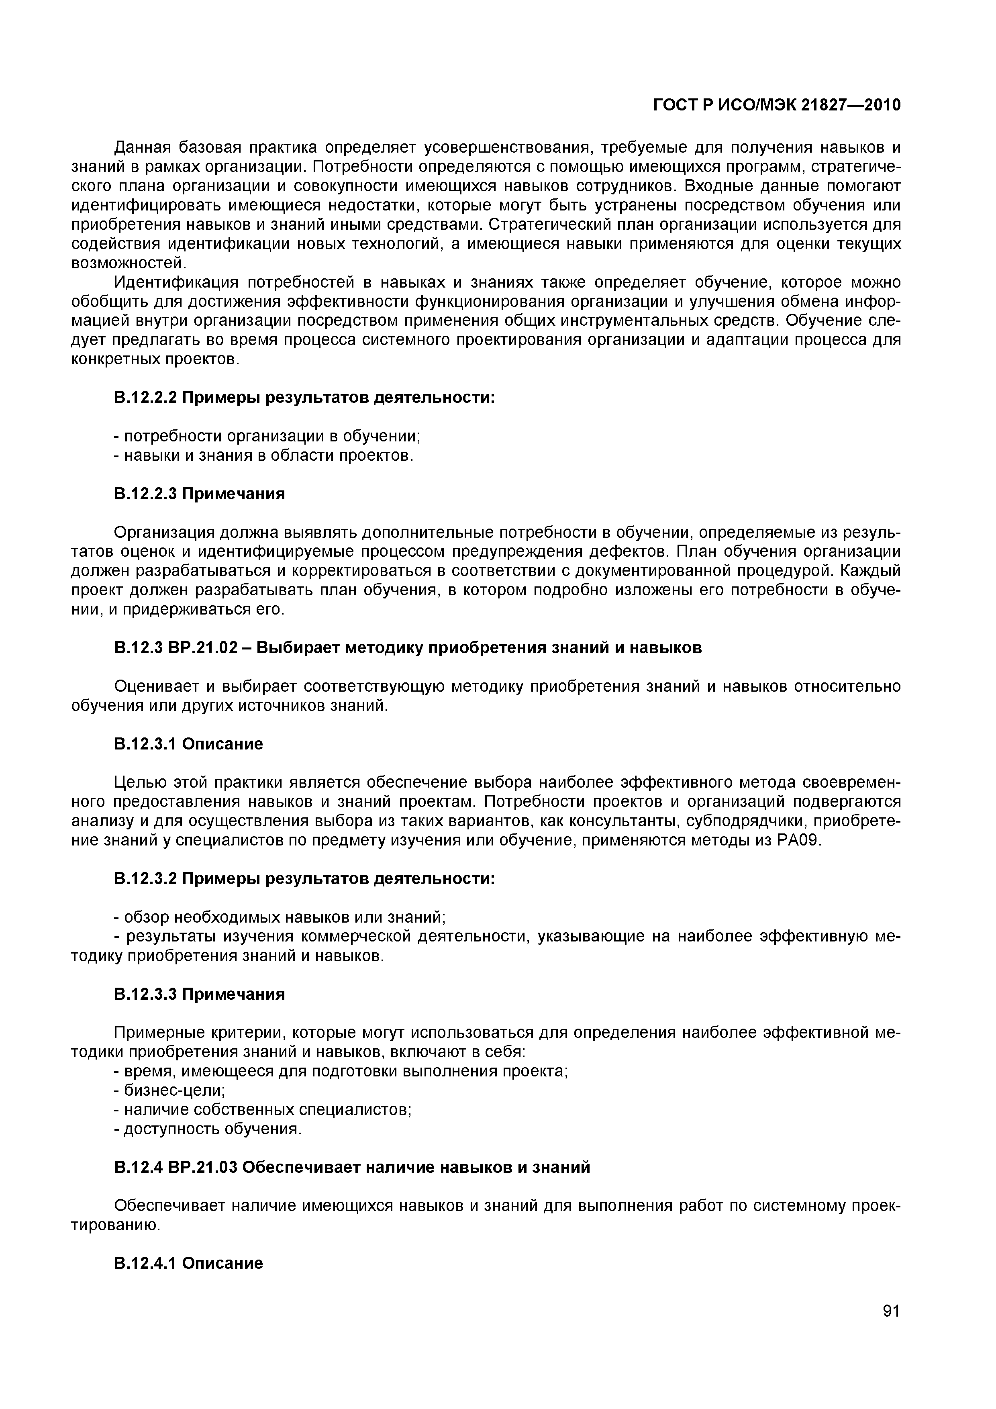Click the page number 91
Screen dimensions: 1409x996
point(890,1328)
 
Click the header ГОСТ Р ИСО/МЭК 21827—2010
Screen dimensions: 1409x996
point(776,106)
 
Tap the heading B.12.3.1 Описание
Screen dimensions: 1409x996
point(188,744)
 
